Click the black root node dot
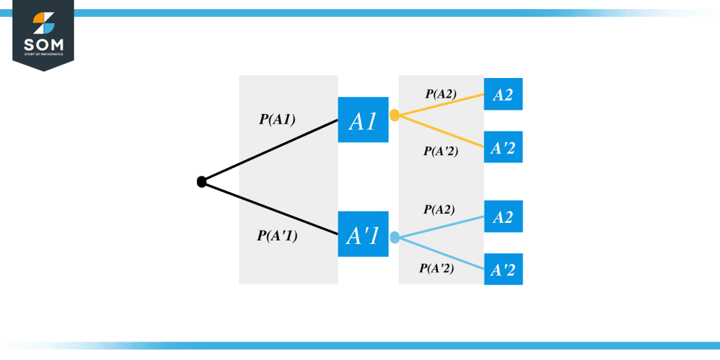pyautogui.click(x=202, y=182)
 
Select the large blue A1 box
pyautogui.click(x=363, y=120)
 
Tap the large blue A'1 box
pyautogui.click(x=363, y=234)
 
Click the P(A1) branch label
pyautogui.click(x=277, y=120)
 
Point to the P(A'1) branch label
pyautogui.click(x=277, y=236)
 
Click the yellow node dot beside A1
pyautogui.click(x=394, y=115)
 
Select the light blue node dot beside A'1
pyautogui.click(x=394, y=238)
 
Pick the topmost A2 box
pyautogui.click(x=503, y=95)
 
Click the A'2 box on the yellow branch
pyautogui.click(x=503, y=147)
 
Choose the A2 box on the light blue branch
pyautogui.click(x=503, y=217)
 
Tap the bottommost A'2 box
pyautogui.click(x=503, y=269)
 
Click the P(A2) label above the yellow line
pyautogui.click(x=441, y=94)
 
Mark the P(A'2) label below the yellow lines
pyautogui.click(x=441, y=150)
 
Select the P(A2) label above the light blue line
pyautogui.click(x=439, y=210)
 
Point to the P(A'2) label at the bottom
pyautogui.click(x=437, y=268)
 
